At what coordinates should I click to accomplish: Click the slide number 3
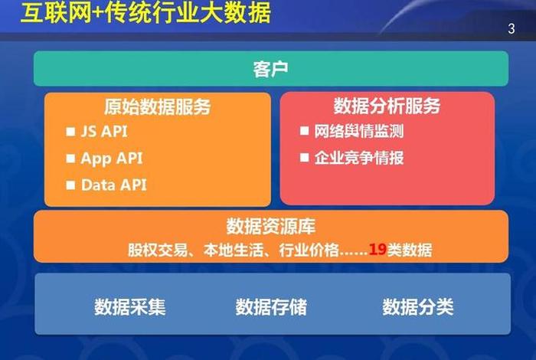[511, 30]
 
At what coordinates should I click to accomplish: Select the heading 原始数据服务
[157, 106]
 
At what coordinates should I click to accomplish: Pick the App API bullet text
[112, 159]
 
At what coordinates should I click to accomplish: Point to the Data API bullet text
[113, 185]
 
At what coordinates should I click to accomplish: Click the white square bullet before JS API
[72, 132]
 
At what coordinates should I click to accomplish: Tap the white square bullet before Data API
[72, 185]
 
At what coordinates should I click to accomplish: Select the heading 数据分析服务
[387, 106]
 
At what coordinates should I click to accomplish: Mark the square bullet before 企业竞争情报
[304, 159]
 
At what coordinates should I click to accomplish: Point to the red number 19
[377, 249]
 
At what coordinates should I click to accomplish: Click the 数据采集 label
[130, 307]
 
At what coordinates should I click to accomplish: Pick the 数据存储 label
[271, 307]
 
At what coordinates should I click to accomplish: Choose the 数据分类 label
[418, 307]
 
